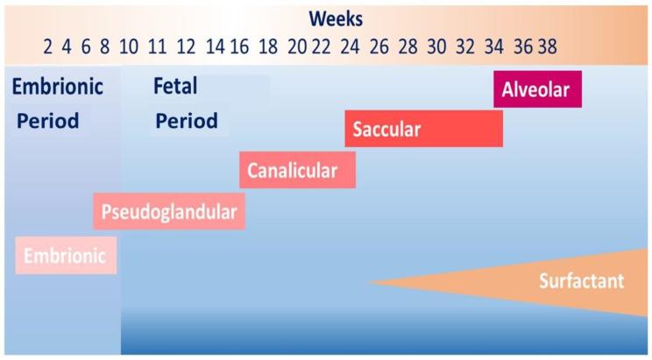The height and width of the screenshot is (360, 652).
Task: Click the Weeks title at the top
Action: tap(337, 18)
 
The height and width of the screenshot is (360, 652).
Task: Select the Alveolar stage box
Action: tap(536, 88)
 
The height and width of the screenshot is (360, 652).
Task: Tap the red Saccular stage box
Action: tap(423, 130)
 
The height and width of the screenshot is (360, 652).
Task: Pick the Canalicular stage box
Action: tap(297, 170)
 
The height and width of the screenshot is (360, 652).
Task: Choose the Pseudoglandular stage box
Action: tap(169, 211)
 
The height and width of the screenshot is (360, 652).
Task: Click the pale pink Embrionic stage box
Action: tap(66, 256)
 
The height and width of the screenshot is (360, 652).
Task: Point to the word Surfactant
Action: tap(581, 282)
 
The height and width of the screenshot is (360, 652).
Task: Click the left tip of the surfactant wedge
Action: tap(369, 282)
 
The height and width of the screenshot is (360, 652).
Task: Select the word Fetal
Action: tap(175, 87)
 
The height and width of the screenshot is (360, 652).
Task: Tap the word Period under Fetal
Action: tap(186, 121)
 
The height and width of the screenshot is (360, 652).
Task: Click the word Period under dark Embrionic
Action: tap(47, 121)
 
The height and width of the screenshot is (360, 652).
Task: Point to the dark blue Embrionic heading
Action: tap(58, 87)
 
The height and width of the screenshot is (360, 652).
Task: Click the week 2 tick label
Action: tap(46, 46)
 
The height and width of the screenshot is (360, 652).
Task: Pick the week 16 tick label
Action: tap(239, 46)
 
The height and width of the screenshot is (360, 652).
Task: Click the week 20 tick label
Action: tap(298, 46)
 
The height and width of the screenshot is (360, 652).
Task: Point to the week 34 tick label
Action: tap(494, 46)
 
